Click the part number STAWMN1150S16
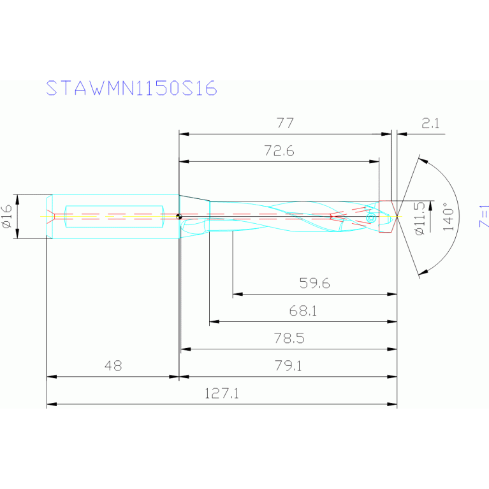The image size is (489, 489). click(x=132, y=89)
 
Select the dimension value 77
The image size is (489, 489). click(x=284, y=123)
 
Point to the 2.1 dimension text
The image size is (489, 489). click(x=431, y=124)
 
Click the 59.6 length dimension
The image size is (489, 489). click(x=314, y=283)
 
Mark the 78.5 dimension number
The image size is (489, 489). click(x=289, y=339)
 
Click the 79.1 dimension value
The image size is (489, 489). click(x=289, y=366)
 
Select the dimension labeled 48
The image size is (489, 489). click(x=112, y=366)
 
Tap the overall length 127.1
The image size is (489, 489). click(x=221, y=394)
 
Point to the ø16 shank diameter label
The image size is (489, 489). click(x=7, y=217)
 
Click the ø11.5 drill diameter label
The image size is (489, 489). click(x=419, y=218)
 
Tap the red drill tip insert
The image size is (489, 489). click(x=386, y=217)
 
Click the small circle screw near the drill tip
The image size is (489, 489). click(x=370, y=219)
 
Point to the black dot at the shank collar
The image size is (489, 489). click(x=180, y=217)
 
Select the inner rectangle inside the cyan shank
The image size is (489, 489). click(x=115, y=215)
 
